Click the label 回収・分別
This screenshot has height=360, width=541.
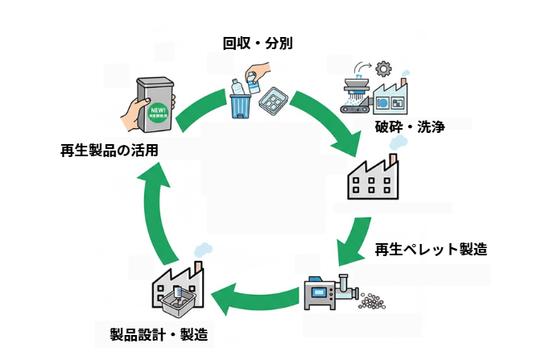click(x=258, y=42)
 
